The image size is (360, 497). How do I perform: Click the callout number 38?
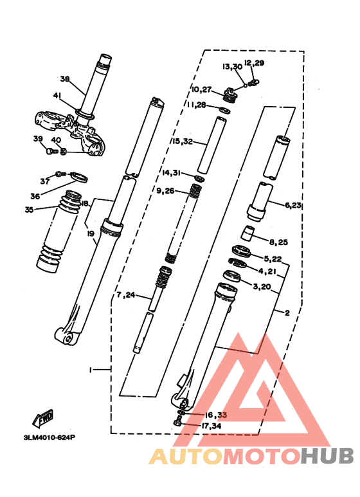pyautogui.click(x=64, y=79)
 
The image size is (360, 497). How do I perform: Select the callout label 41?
pyautogui.click(x=57, y=96)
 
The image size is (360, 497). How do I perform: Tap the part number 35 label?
pyautogui.click(x=29, y=209)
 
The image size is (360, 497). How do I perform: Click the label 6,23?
pyautogui.click(x=292, y=205)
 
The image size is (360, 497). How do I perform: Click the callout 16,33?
pyautogui.click(x=215, y=415)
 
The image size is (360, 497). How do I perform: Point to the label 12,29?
pyautogui.click(x=254, y=63)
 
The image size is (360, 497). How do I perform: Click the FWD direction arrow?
pyautogui.click(x=44, y=420)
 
